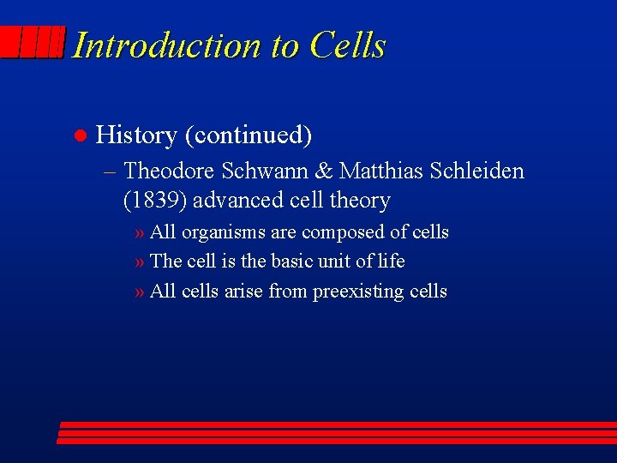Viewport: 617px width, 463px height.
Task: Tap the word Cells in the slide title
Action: point(348,45)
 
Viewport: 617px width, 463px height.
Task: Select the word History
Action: point(136,135)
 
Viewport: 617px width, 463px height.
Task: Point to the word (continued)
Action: point(249,135)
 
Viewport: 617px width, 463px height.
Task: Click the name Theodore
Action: point(169,171)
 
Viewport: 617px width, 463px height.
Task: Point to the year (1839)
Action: point(155,201)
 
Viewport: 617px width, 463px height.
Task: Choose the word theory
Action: point(361,201)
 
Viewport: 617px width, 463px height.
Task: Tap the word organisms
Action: point(221,233)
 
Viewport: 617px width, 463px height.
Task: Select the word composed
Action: point(338,232)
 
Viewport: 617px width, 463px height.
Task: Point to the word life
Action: point(390,261)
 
